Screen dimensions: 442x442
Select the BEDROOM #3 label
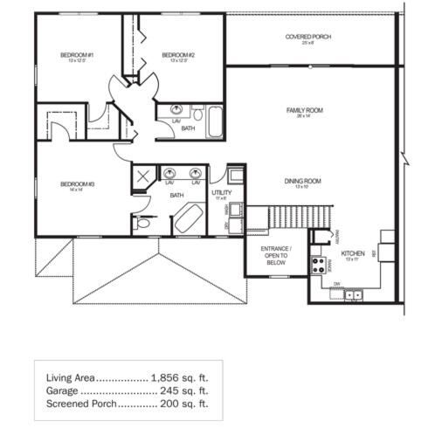click(x=77, y=184)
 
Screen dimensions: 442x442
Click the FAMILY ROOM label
click(x=305, y=111)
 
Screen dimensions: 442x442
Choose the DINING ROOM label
click(x=302, y=182)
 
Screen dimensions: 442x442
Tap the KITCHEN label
click(x=352, y=254)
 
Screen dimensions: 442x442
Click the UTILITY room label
click(x=221, y=192)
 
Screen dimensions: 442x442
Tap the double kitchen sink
click(x=354, y=295)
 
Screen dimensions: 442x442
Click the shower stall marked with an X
click(x=142, y=177)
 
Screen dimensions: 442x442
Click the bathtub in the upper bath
click(x=215, y=121)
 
